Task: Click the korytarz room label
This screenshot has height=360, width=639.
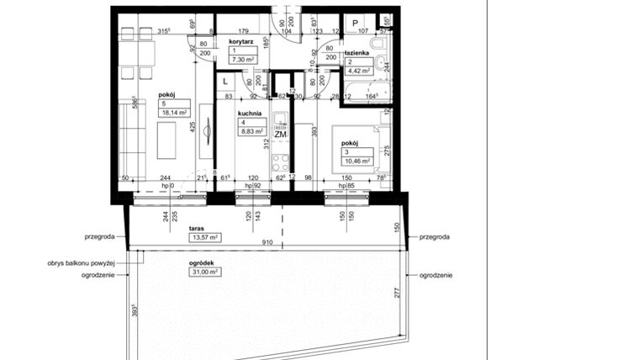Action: [241, 40]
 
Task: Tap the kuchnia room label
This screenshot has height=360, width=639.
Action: [249, 113]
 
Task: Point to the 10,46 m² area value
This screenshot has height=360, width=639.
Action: [355, 161]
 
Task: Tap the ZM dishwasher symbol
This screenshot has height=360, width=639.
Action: [281, 135]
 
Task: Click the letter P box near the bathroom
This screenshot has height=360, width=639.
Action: [356, 23]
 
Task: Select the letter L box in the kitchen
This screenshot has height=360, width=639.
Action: [226, 81]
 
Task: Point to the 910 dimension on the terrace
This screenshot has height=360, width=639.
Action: [266, 244]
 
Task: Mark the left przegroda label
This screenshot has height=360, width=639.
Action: [99, 237]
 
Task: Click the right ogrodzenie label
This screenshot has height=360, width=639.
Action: [436, 275]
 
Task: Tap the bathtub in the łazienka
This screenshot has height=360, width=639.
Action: [367, 89]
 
